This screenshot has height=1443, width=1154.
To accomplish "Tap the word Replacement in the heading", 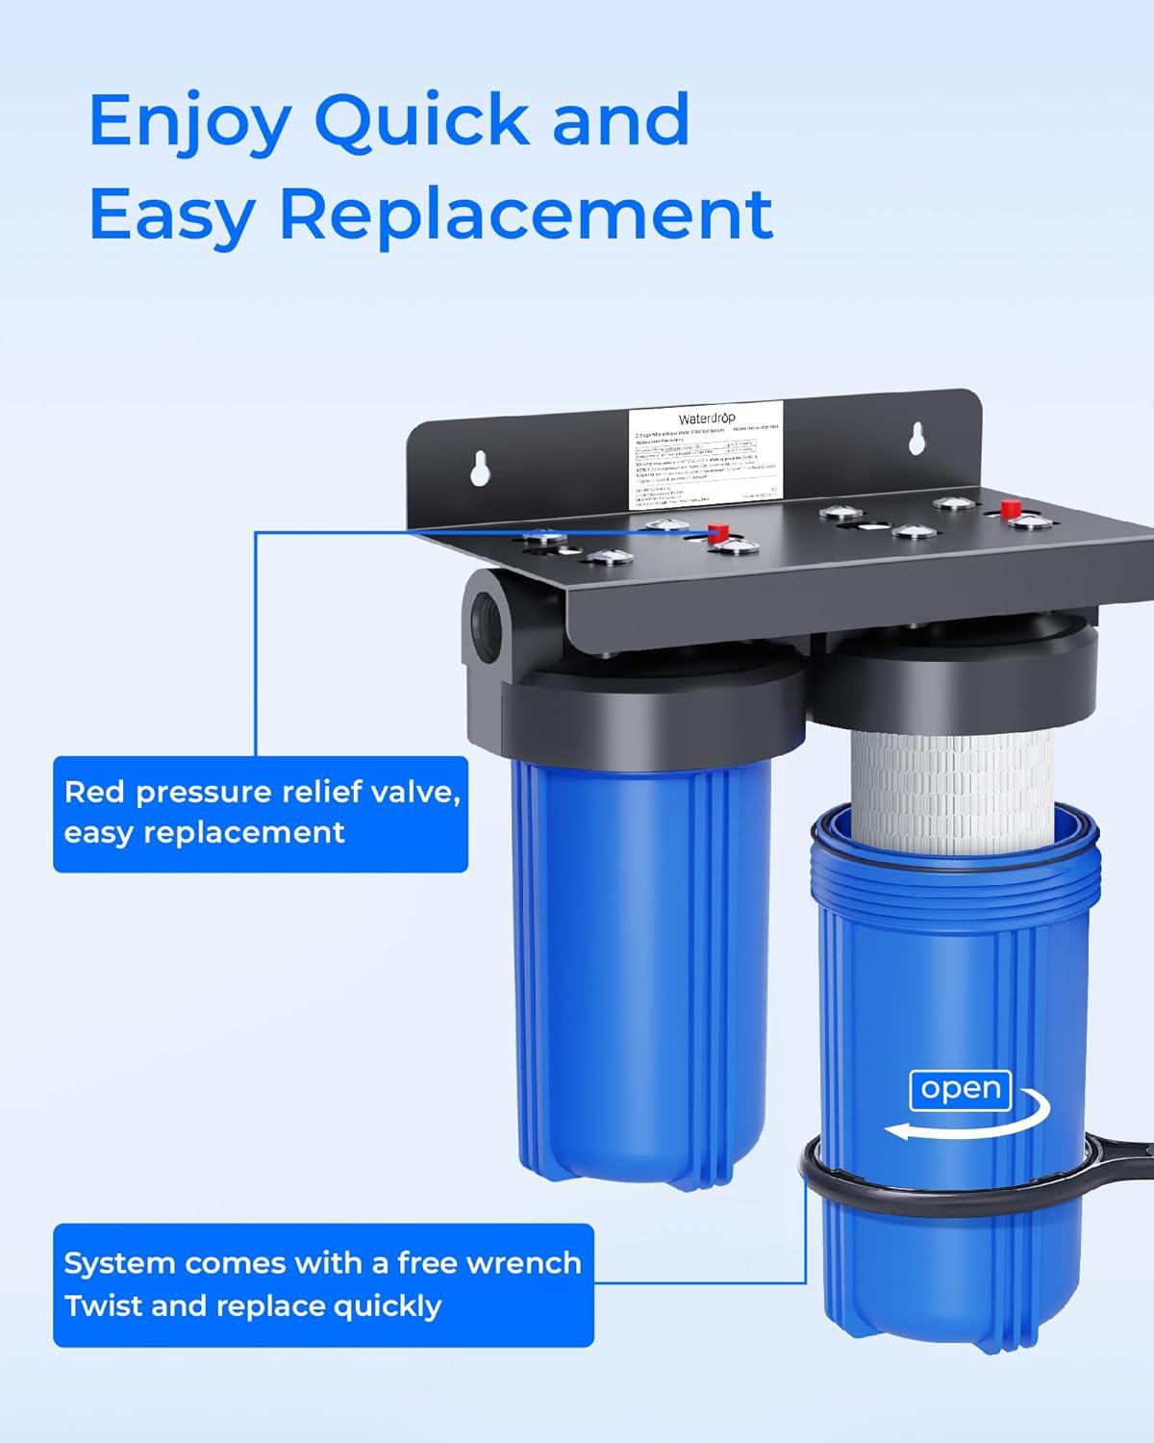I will point(526,214).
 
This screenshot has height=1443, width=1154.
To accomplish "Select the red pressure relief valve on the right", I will point(1010,508).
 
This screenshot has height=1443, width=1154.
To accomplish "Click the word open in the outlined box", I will point(961,1089).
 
